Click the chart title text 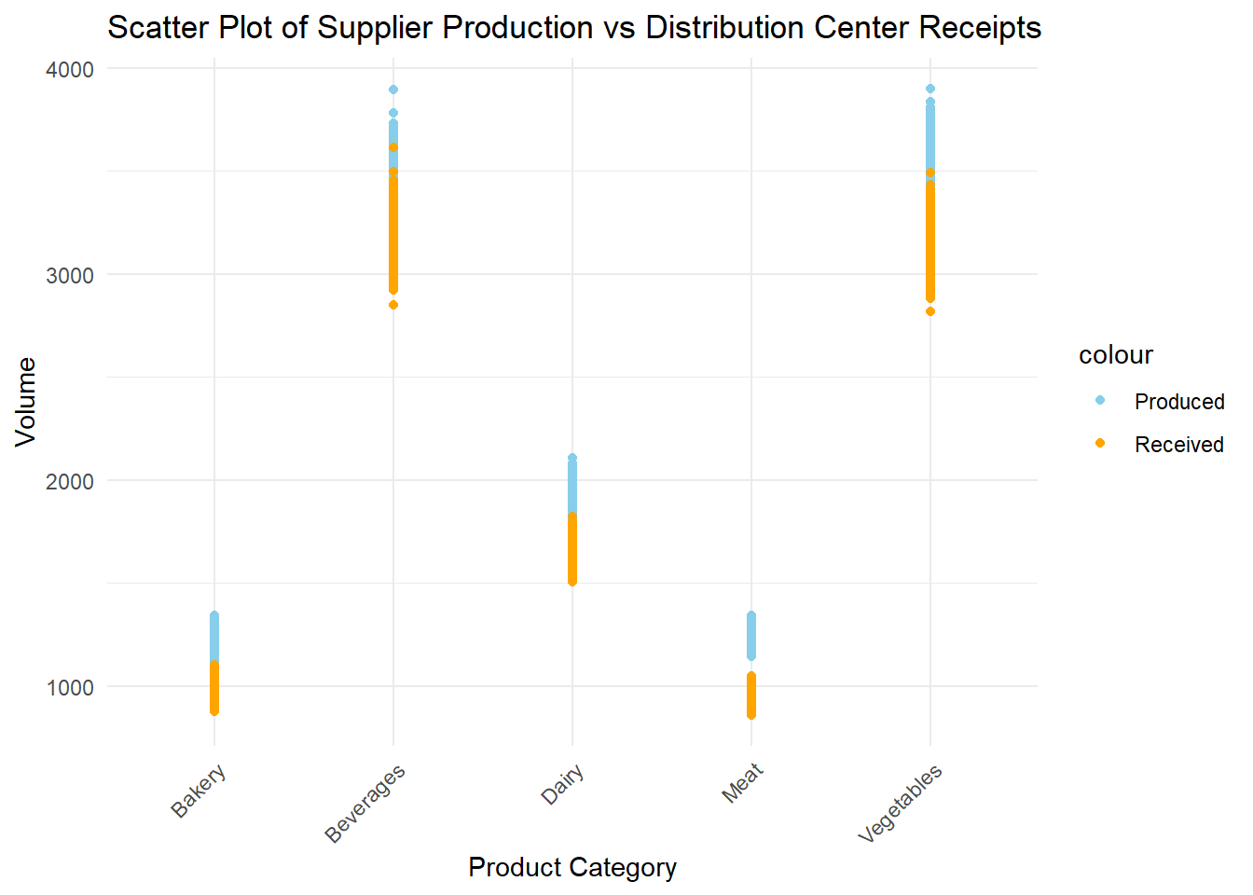[x=573, y=28]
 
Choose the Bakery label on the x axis [x=199, y=792]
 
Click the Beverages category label [x=365, y=803]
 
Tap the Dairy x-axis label [x=563, y=784]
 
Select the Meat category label [x=743, y=783]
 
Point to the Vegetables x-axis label [x=901, y=803]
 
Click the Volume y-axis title [x=26, y=402]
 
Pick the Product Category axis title [x=572, y=868]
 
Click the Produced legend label [x=1179, y=402]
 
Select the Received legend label [x=1179, y=445]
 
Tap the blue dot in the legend [x=1100, y=401]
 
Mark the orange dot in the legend [x=1100, y=444]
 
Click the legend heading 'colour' [x=1116, y=355]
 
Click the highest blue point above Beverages [x=393, y=89]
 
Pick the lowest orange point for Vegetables [x=930, y=311]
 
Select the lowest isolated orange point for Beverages [x=393, y=305]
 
